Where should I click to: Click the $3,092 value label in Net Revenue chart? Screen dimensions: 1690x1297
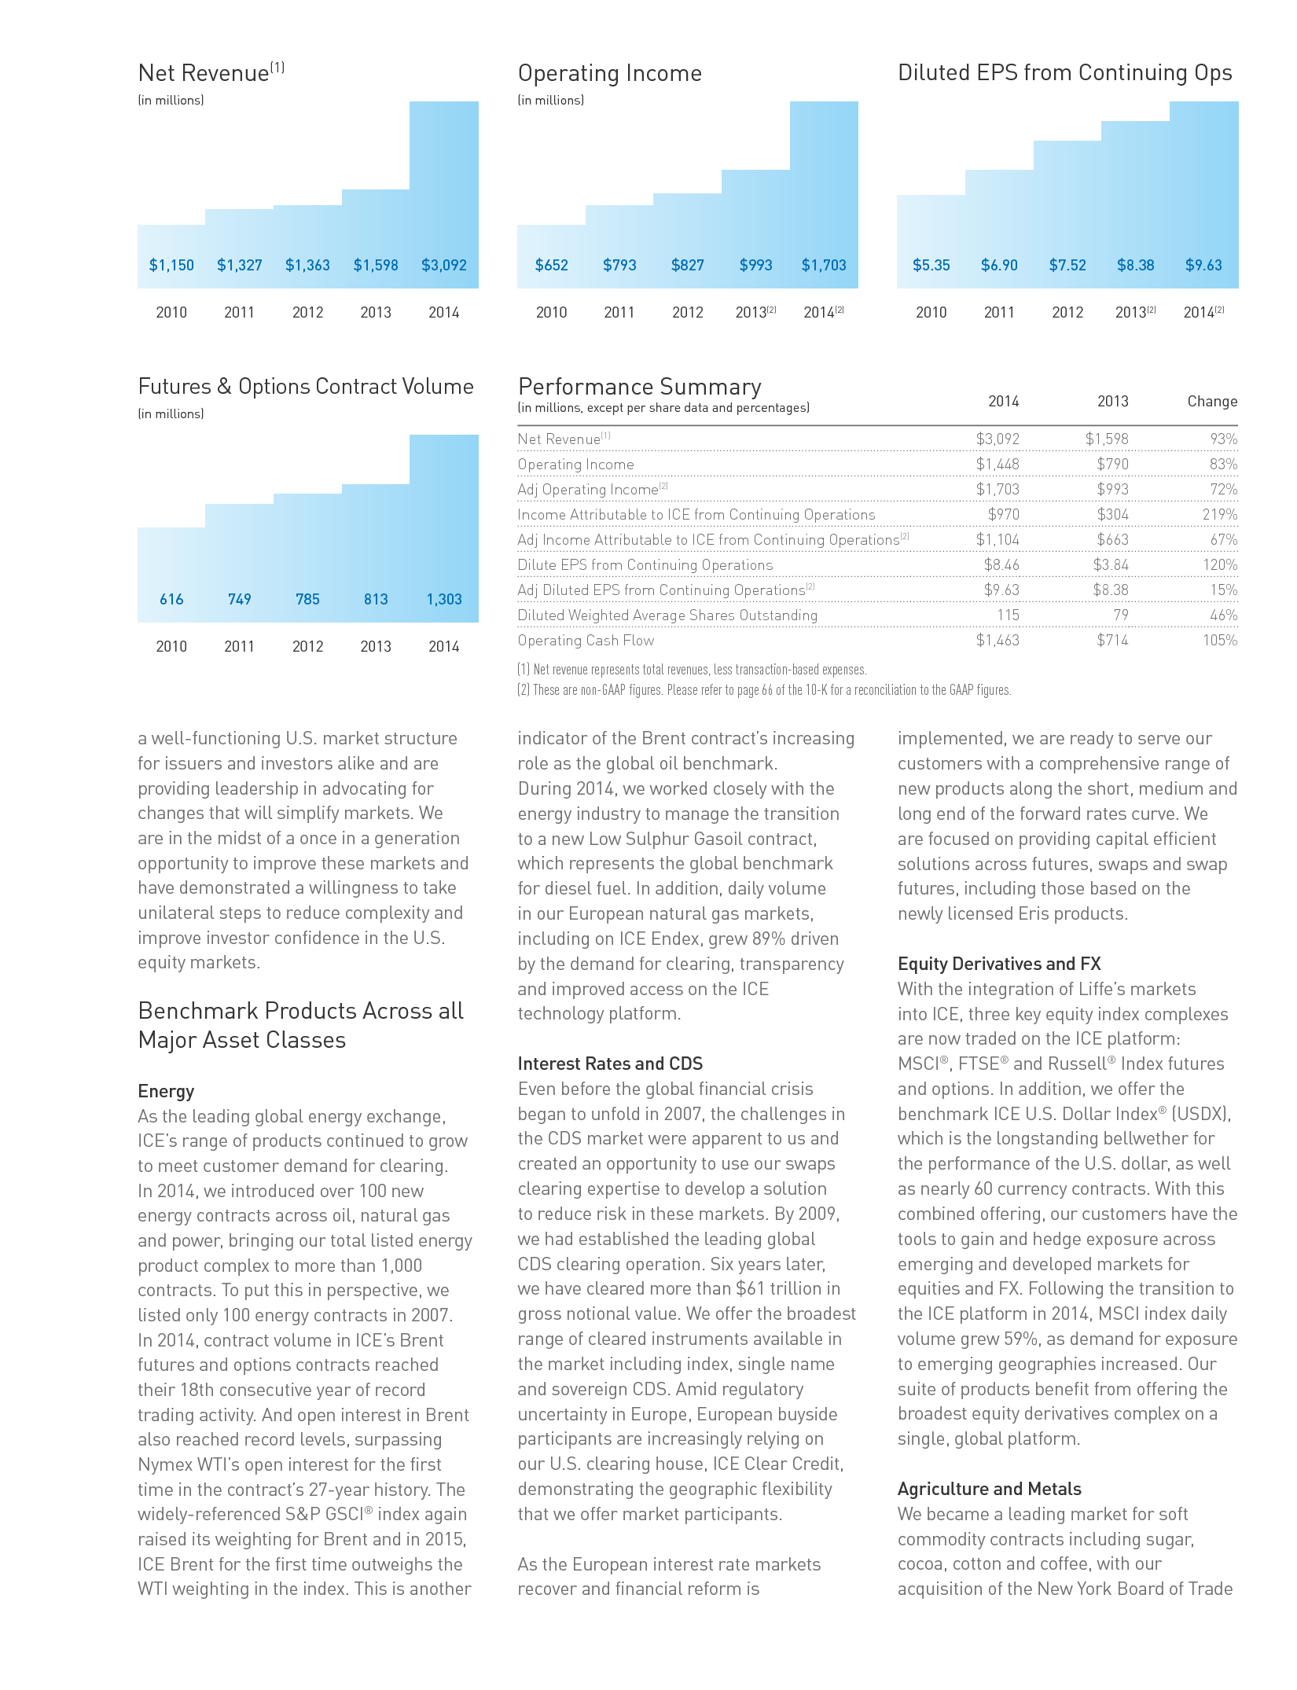444,266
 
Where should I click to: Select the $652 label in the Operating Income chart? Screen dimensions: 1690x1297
551,266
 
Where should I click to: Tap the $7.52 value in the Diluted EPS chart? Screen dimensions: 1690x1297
1067,266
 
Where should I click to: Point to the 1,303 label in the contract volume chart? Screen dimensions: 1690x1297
444,600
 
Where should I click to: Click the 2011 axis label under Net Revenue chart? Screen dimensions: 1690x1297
239,313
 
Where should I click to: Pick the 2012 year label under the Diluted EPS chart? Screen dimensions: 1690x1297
1067,313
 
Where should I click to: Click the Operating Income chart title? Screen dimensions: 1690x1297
609,74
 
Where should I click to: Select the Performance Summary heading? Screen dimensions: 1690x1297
639,388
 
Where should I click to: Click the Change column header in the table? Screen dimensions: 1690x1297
1211,402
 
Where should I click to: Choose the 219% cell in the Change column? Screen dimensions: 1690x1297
1219,515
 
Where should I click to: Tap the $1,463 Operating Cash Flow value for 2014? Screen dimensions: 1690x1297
997,641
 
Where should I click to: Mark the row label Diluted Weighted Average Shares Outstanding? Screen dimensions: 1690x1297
667,615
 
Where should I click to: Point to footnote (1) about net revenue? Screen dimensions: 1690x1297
692,670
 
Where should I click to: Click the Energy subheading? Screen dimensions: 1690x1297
166,1092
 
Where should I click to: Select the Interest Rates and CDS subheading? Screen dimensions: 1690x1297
610,1064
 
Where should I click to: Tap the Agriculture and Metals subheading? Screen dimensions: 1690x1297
989,1490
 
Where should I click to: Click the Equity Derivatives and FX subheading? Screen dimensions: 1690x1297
998,964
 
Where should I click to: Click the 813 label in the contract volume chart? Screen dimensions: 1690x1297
376,600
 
